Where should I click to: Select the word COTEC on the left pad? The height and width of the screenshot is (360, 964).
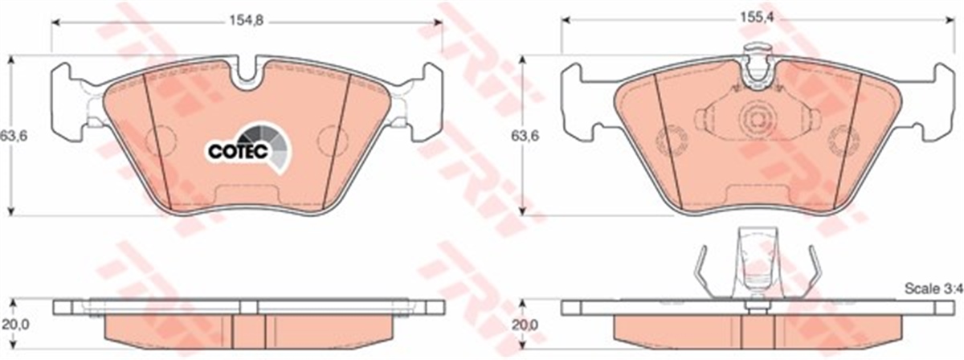233,150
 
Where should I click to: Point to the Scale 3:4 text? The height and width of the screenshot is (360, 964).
932,287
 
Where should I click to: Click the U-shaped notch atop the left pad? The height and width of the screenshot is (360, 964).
250,74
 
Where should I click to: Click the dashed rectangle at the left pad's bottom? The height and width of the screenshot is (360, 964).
248,195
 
